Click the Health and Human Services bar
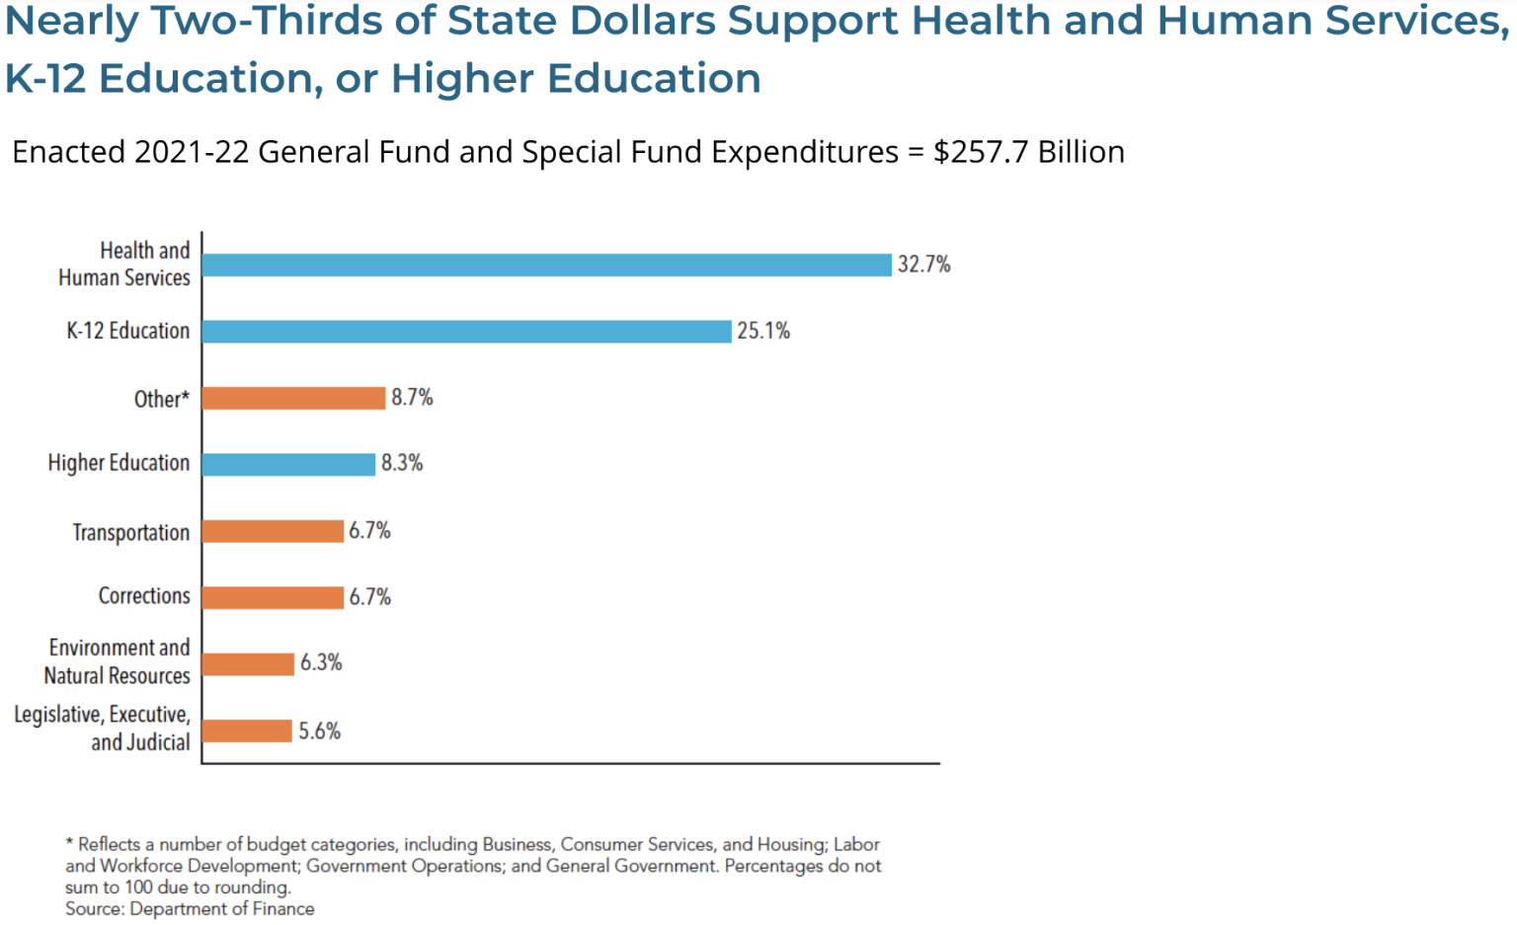546,265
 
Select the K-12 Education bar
466,332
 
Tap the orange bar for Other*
293,398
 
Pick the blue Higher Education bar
288,464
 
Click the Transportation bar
273,531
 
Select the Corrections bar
273,597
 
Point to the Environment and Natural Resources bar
248,663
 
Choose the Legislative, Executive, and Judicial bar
247,731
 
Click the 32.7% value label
923,265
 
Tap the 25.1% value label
763,331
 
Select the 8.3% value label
402,463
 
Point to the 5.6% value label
320,732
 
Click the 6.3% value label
321,662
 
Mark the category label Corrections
144,596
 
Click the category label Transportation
130,532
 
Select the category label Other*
161,399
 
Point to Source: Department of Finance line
190,909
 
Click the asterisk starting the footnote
69,842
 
